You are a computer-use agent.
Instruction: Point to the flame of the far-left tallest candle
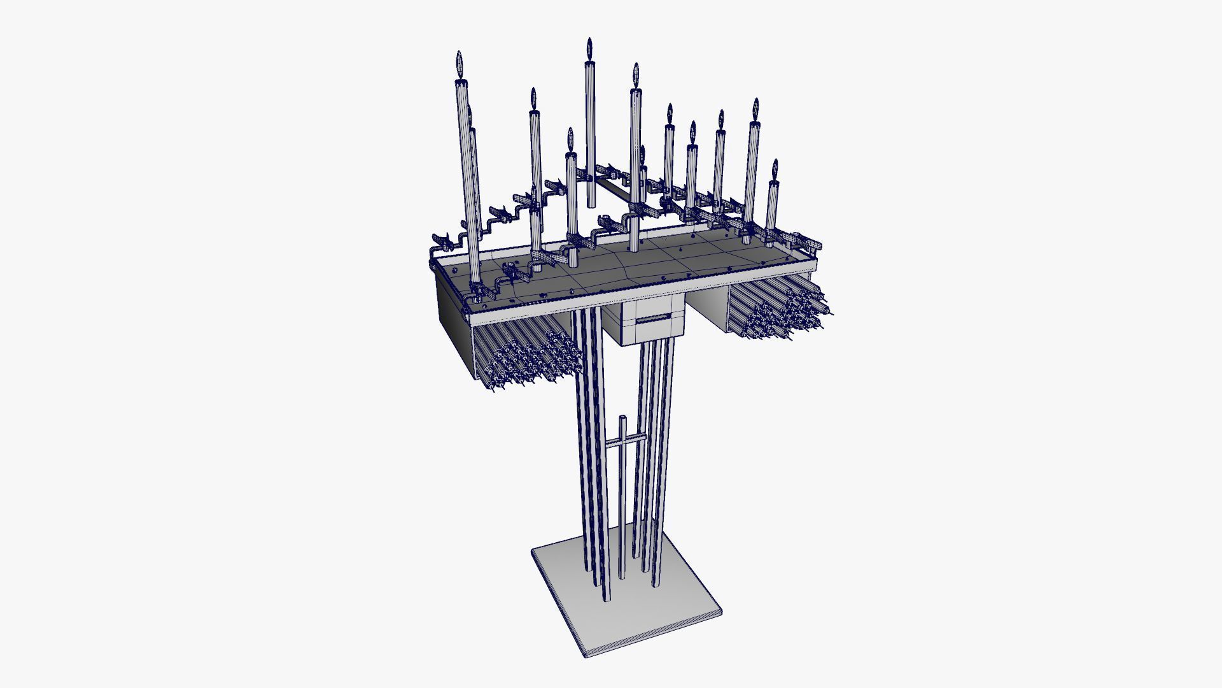pyautogui.click(x=459, y=64)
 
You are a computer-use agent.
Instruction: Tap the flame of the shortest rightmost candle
pyautogui.click(x=775, y=169)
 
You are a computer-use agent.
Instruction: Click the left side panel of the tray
pyautogui.click(x=452, y=306)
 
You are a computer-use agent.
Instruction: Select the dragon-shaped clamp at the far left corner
pyautogui.click(x=446, y=241)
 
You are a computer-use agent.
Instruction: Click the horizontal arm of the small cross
pyautogui.click(x=621, y=440)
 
